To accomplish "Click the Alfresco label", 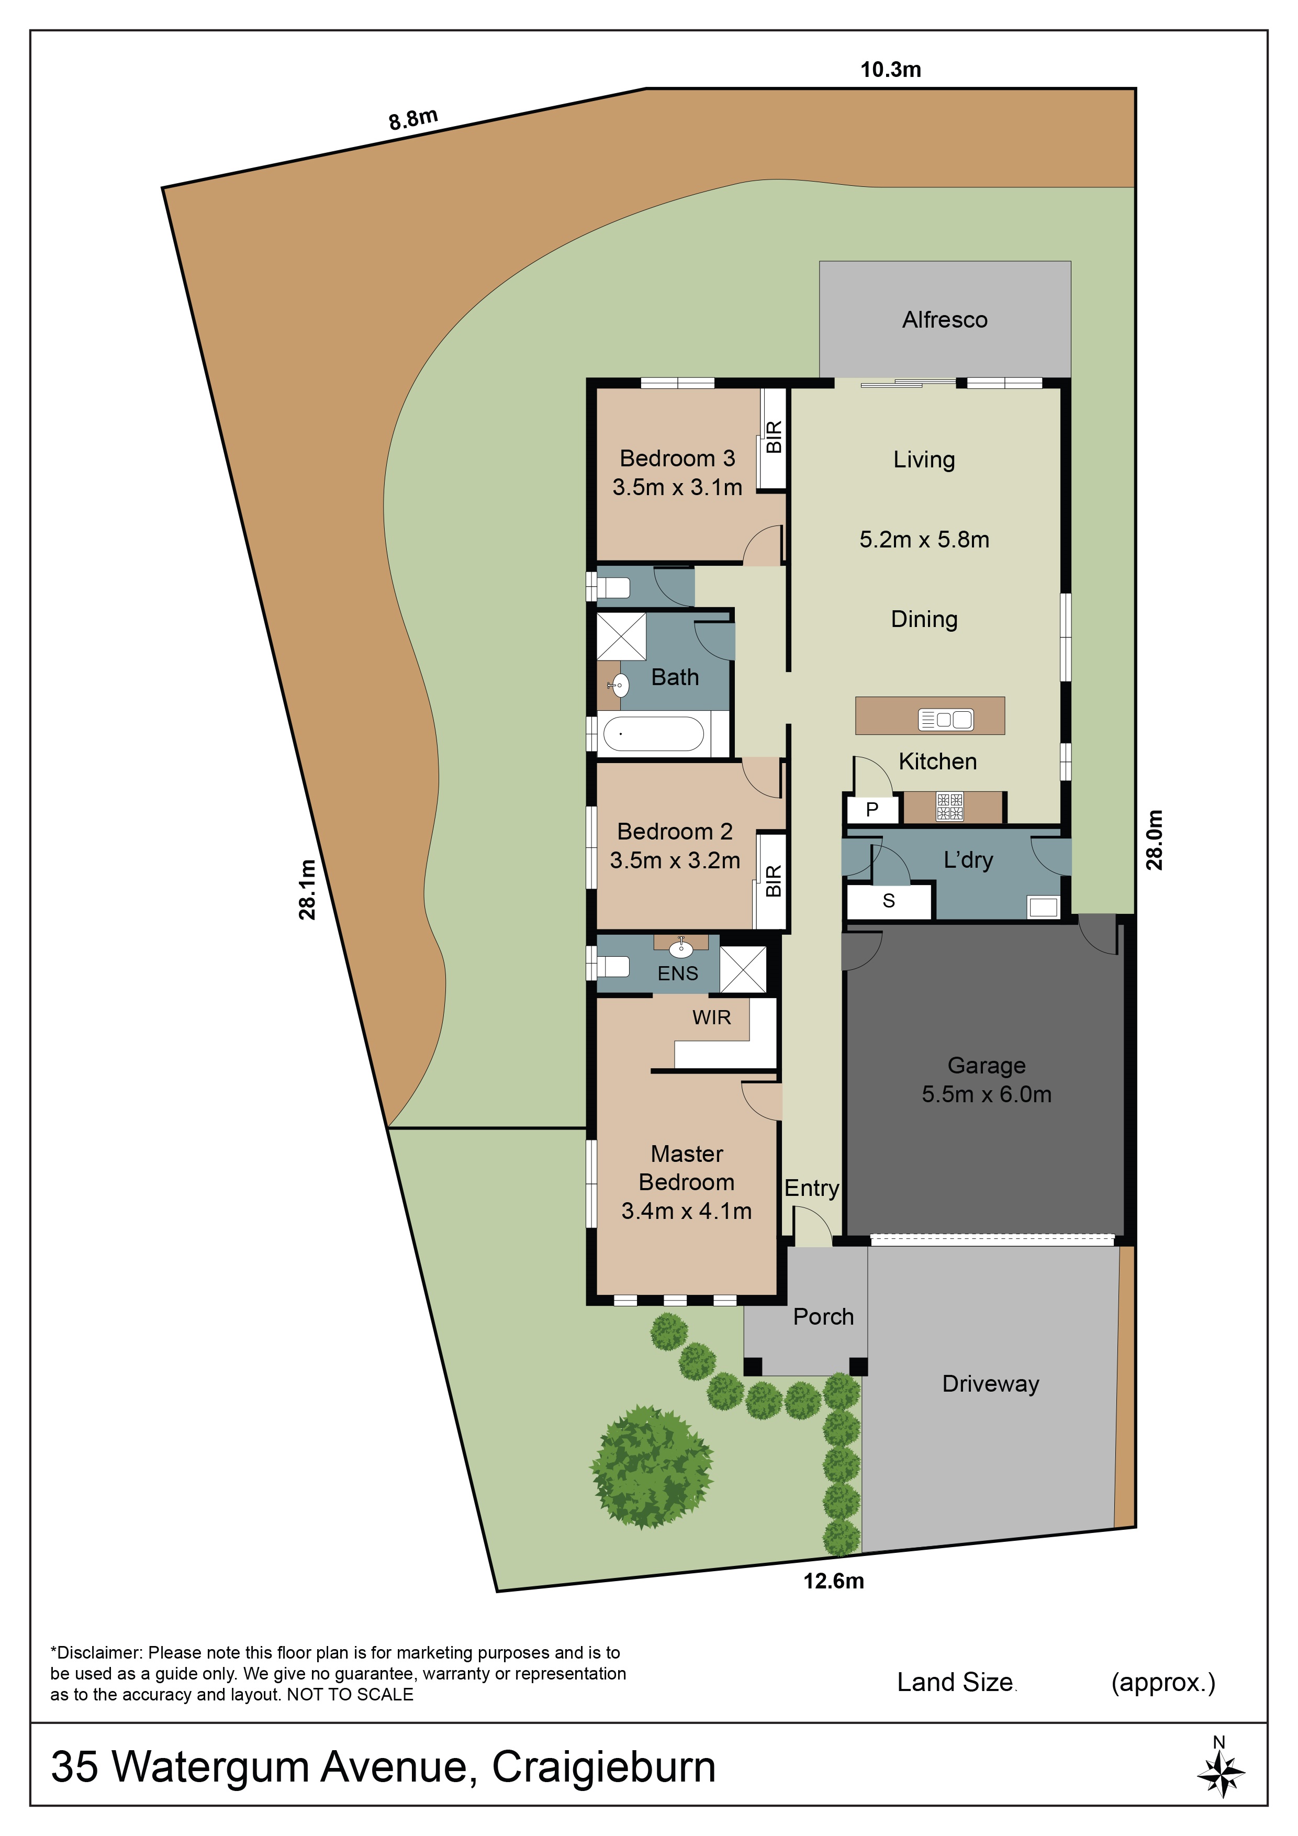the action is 945,320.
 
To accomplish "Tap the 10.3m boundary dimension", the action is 890,70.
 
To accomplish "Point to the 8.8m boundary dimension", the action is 412,118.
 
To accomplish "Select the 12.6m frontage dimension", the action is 833,1581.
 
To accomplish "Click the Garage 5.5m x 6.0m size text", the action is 986,1094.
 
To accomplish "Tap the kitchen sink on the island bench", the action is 945,720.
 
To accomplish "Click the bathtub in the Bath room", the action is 653,733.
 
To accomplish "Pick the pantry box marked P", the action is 872,809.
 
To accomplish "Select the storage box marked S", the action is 889,901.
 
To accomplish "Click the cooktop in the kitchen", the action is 950,807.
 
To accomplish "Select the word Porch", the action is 823,1317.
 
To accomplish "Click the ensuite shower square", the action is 743,969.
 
